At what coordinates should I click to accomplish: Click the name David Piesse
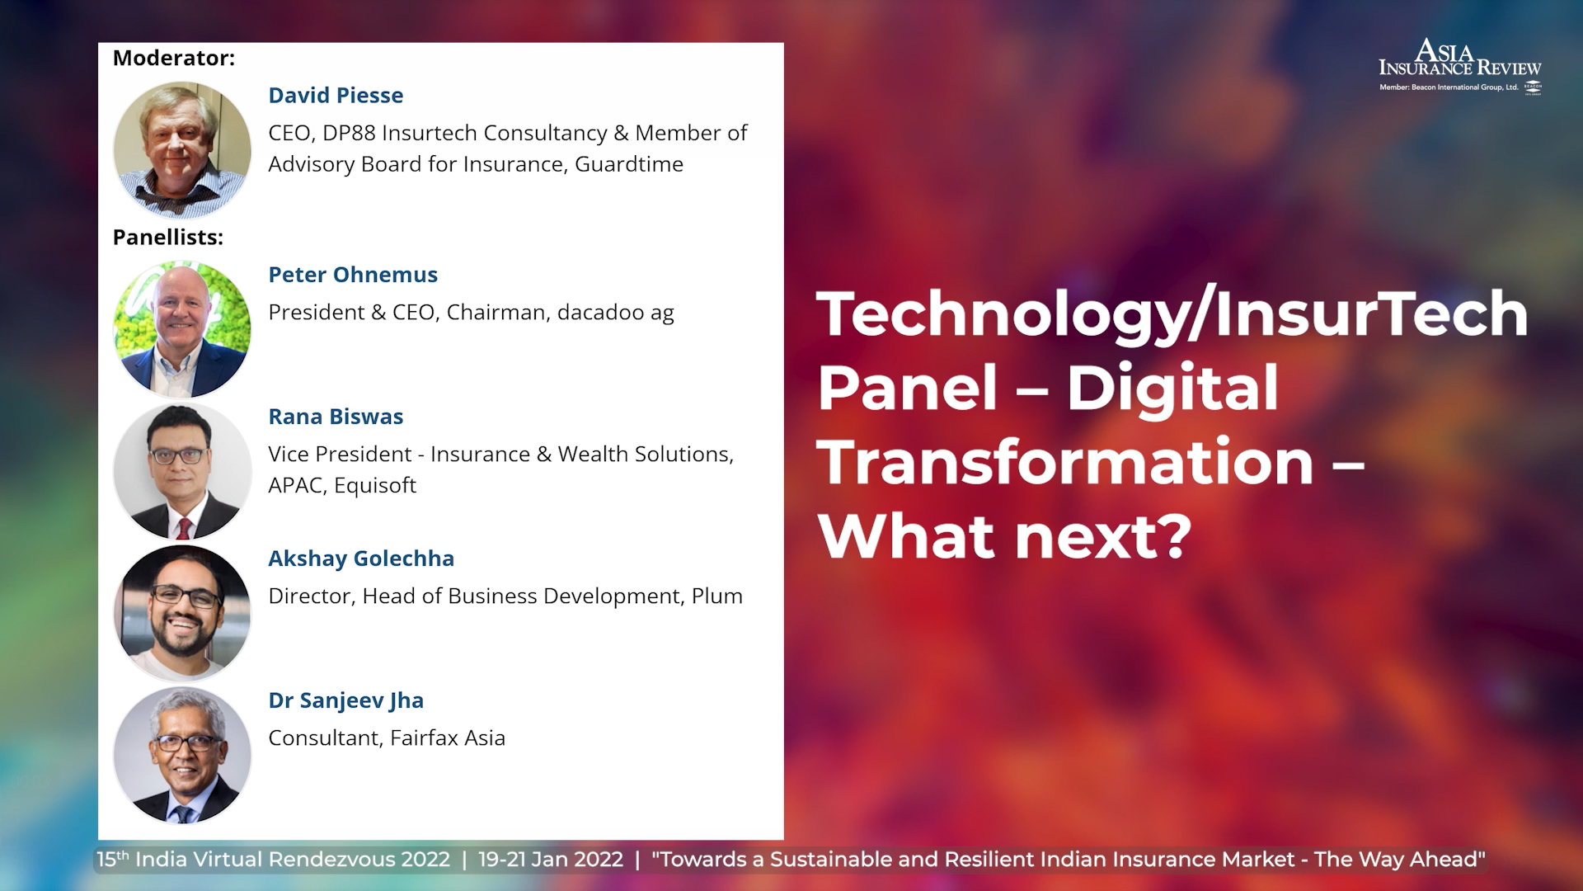336,96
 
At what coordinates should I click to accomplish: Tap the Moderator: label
174,59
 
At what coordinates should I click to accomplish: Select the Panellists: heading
168,238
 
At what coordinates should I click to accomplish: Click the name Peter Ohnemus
353,275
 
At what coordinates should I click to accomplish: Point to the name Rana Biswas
336,417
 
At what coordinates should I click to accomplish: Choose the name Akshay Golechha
361,559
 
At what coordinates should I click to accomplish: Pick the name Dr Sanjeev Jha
346,701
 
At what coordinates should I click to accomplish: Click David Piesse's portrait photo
182,149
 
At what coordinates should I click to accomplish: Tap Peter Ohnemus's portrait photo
182,329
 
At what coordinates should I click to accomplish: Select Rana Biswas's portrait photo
182,471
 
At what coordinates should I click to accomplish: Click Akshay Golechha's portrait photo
182,613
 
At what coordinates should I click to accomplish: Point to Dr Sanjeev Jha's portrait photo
182,755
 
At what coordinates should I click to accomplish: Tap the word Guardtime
629,164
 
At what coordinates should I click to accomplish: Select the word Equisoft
375,486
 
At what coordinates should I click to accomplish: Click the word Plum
717,596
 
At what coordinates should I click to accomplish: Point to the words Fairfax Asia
448,738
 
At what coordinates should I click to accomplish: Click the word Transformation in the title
1065,462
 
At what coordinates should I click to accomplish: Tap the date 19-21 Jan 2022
551,860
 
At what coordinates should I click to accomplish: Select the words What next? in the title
1005,536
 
